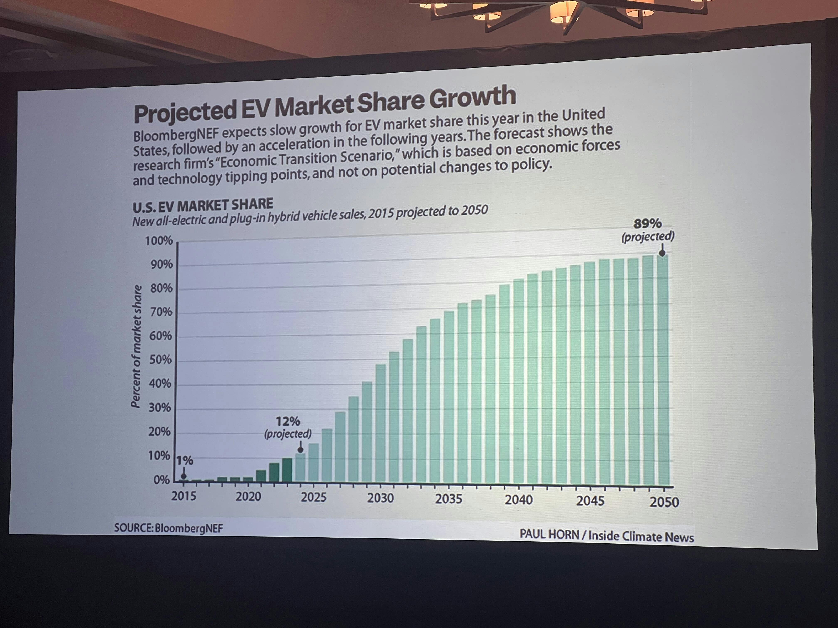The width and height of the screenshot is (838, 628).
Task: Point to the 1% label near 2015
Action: pos(185,461)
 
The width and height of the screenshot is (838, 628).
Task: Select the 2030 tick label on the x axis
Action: pos(380,498)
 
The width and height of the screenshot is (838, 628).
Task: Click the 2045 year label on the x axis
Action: pos(590,501)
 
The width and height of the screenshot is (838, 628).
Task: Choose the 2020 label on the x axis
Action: pos(248,496)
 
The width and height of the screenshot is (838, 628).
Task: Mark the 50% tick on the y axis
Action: pos(160,360)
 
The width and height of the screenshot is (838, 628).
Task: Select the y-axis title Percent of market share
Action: pos(136,346)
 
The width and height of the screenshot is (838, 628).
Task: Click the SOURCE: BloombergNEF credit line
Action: pos(169,528)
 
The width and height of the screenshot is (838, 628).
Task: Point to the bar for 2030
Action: pos(380,424)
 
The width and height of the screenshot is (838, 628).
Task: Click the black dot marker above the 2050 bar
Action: pos(662,253)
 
